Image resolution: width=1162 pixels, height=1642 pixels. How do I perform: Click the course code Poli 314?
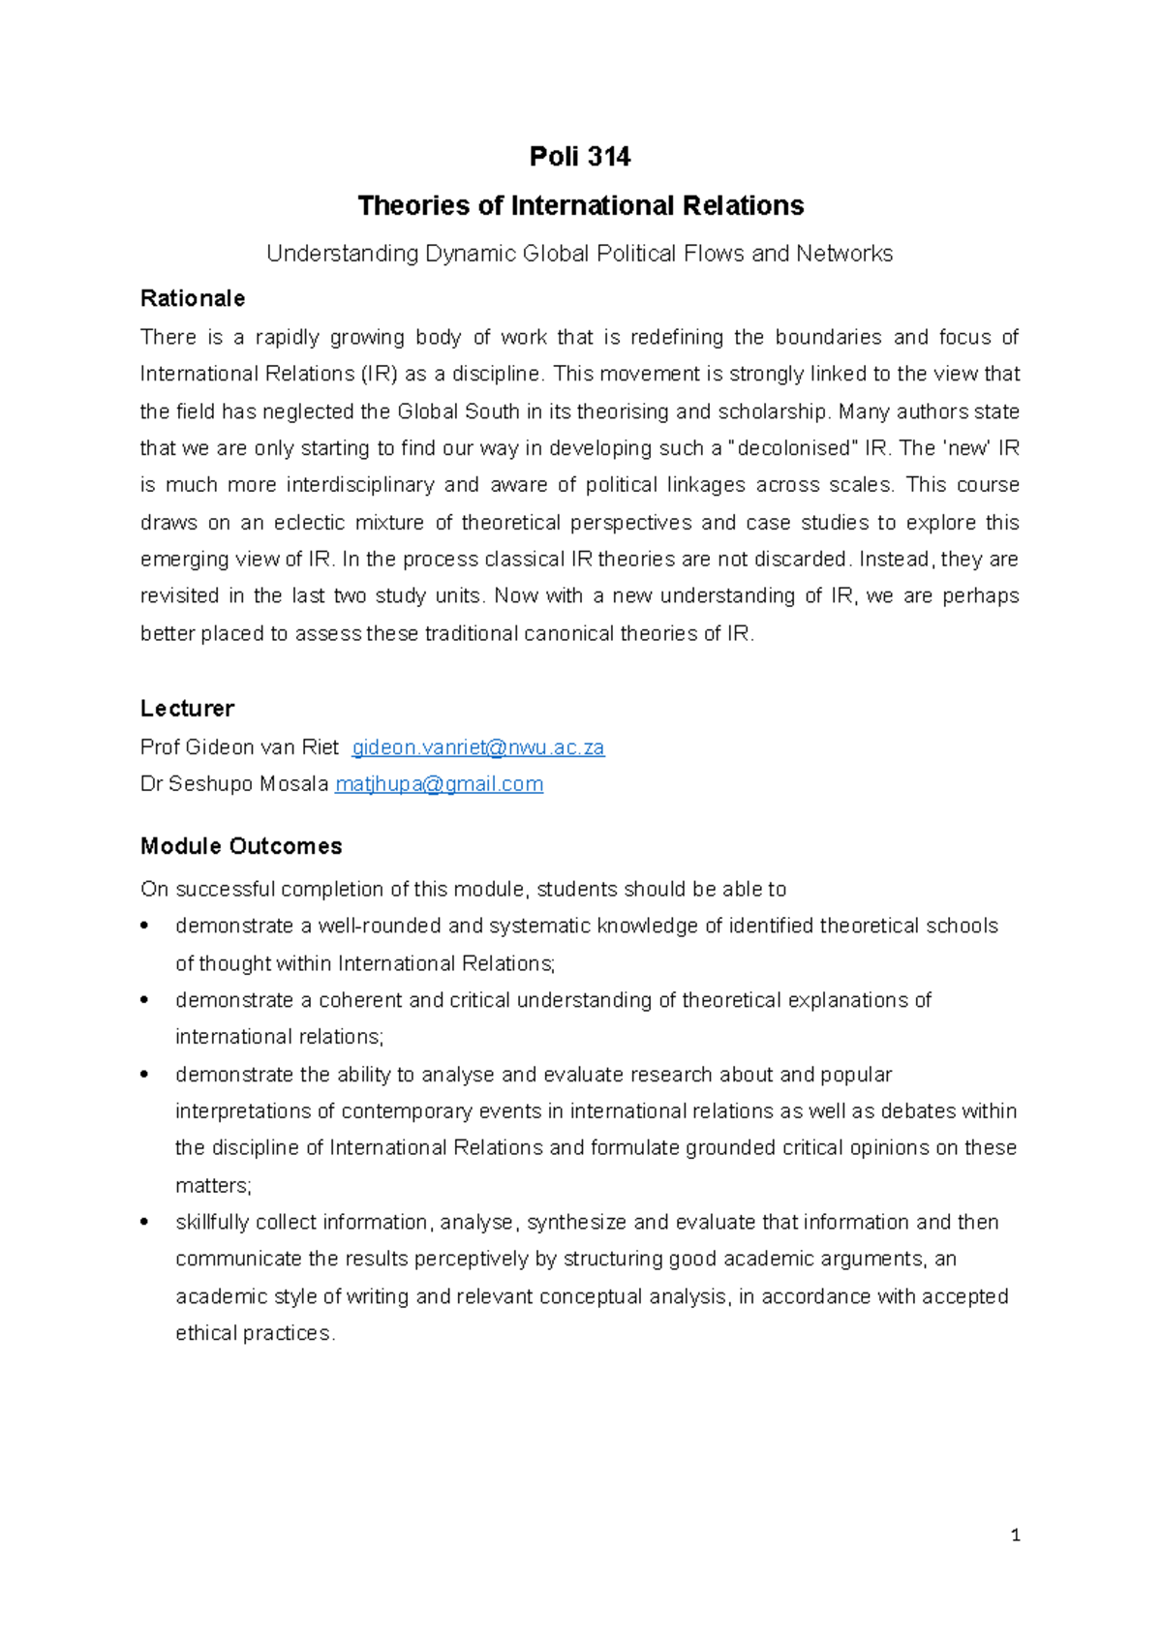click(x=579, y=157)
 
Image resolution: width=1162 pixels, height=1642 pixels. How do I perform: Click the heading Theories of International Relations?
click(x=580, y=205)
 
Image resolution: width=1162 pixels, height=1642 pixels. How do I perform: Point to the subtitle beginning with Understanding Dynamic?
click(x=579, y=254)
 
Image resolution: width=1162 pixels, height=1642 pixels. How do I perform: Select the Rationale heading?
click(x=192, y=298)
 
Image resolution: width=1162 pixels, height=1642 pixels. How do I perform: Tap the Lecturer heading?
click(x=187, y=709)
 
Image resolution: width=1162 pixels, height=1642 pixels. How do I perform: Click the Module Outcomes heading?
click(x=241, y=846)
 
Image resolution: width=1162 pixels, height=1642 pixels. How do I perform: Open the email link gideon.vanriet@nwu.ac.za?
click(x=477, y=747)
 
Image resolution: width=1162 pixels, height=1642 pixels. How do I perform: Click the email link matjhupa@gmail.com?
click(x=439, y=784)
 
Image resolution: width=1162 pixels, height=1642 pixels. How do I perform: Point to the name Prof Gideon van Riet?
click(x=239, y=747)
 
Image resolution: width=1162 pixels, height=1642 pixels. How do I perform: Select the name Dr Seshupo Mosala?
click(x=233, y=784)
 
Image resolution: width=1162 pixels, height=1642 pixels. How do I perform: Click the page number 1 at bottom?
click(x=1015, y=1535)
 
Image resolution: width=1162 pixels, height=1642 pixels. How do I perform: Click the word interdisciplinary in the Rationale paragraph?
click(x=360, y=485)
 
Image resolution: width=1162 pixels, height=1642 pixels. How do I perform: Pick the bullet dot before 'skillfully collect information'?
click(x=145, y=1222)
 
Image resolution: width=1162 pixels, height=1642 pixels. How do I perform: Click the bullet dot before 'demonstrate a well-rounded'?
click(x=145, y=926)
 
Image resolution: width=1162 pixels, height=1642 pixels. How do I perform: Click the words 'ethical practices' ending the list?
click(x=254, y=1333)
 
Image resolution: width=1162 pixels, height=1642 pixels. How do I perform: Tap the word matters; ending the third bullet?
click(x=213, y=1185)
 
